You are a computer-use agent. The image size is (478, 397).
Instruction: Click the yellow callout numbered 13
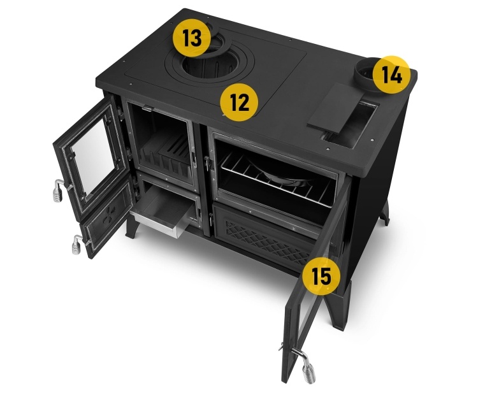(192, 38)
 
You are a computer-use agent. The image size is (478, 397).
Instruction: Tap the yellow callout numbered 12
(239, 102)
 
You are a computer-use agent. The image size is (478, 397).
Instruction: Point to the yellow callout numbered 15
(322, 276)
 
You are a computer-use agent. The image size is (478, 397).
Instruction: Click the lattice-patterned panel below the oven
(268, 241)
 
